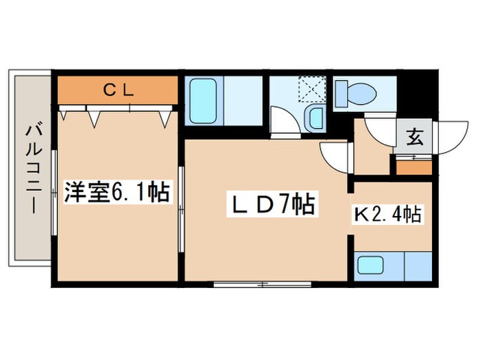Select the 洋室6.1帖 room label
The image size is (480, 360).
[117, 193]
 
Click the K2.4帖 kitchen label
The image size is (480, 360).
[387, 215]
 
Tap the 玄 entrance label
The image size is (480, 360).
[415, 138]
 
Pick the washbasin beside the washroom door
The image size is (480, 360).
[315, 119]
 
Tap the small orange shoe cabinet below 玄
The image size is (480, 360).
[414, 166]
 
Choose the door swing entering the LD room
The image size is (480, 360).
[336, 156]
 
